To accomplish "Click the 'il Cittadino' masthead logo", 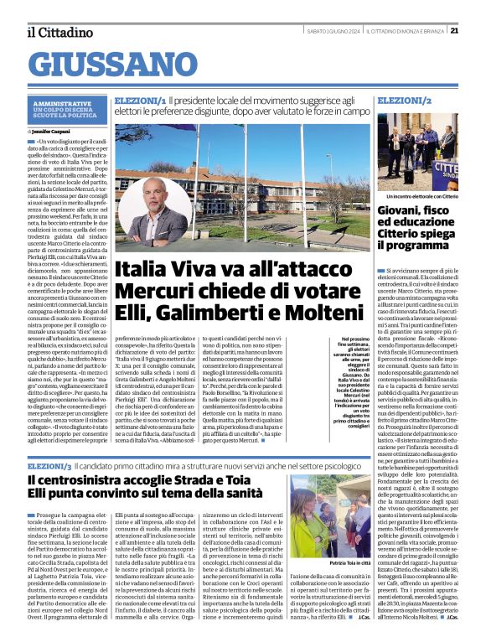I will [x=59, y=32].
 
